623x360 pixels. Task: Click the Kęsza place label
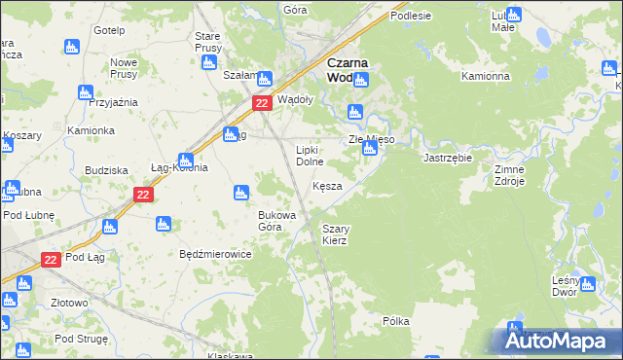[x=327, y=186]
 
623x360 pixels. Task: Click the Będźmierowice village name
[x=215, y=254]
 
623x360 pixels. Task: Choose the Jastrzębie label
[x=448, y=158]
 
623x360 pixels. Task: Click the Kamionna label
[x=486, y=76]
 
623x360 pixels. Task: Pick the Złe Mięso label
[x=372, y=140]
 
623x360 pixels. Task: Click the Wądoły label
[x=295, y=99]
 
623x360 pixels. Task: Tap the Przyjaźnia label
[x=113, y=102]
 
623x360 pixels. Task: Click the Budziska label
[x=107, y=170]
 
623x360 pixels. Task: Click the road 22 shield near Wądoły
[x=261, y=102]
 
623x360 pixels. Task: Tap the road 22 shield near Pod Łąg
[x=52, y=259]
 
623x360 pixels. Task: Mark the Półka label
[x=395, y=320]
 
